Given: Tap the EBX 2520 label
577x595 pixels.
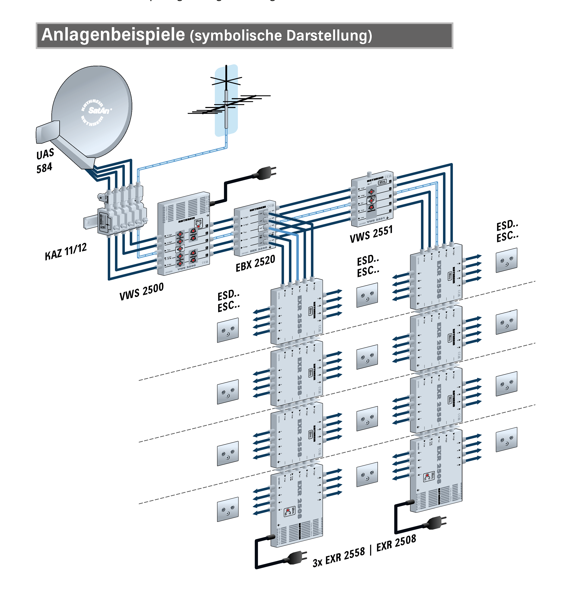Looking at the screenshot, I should point(255,263).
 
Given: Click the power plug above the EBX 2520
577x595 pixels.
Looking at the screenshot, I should point(266,173).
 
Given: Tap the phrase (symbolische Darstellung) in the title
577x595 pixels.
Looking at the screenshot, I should point(281,36).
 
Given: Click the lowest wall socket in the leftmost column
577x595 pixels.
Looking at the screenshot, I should point(228,509).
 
